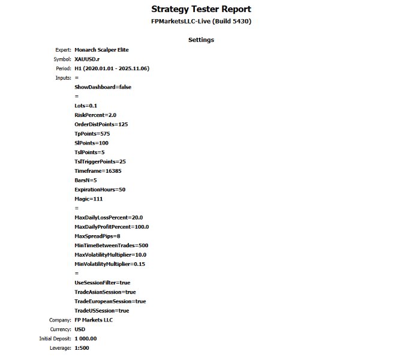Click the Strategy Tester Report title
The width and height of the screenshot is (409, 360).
click(x=201, y=9)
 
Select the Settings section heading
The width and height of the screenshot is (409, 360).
click(x=201, y=40)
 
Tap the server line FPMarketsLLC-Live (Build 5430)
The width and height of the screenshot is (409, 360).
click(x=201, y=22)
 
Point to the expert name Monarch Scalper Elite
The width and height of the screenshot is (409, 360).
click(x=101, y=50)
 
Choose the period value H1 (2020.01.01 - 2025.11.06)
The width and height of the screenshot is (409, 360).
click(x=112, y=68)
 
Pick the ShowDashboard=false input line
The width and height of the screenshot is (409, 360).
click(x=103, y=87)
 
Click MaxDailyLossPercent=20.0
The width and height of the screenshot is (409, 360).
click(x=109, y=217)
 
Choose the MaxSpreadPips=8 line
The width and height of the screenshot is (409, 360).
click(x=97, y=236)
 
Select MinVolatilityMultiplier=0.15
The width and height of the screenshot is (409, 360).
click(x=110, y=264)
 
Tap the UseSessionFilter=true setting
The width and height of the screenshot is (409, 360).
click(x=102, y=283)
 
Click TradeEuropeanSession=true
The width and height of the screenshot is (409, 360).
click(x=110, y=301)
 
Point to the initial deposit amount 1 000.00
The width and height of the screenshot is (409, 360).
click(x=85, y=338)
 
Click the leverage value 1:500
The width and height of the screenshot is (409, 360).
click(x=82, y=348)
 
